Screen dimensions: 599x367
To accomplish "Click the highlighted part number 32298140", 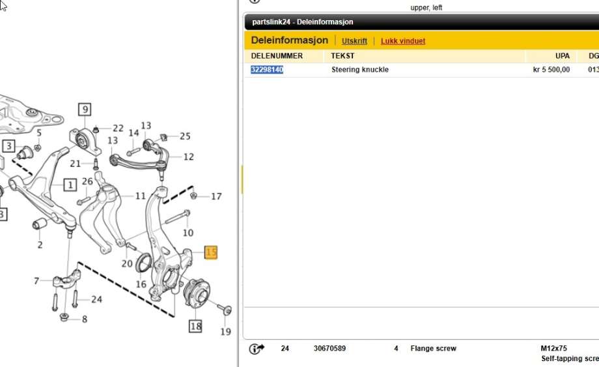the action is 267,70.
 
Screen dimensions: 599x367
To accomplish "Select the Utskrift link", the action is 354,41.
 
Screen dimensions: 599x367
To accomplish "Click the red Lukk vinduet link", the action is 403,41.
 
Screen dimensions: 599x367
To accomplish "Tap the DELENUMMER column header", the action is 277,56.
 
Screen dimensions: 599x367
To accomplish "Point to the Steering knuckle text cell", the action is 360,70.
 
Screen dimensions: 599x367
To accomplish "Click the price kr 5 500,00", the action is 551,70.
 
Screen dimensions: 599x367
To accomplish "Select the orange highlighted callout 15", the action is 211,252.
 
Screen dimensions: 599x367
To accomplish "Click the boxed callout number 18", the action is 195,326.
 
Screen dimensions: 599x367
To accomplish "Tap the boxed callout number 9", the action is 85,110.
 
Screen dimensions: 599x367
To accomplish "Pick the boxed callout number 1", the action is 70,185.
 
